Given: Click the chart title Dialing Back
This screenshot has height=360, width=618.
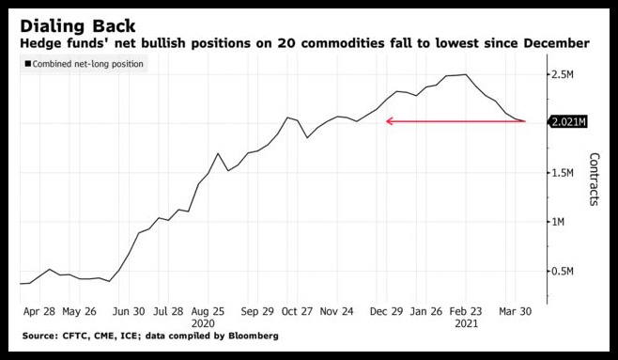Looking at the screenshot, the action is point(78,26).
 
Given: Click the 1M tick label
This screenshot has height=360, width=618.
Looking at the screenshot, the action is point(558,222).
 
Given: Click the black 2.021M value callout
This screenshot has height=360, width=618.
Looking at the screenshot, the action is point(568,122).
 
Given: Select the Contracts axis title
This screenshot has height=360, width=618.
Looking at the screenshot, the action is point(594,180).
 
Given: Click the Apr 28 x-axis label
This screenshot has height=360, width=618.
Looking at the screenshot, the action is point(39,311).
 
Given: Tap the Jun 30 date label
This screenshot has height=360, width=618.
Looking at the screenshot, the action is point(129,311).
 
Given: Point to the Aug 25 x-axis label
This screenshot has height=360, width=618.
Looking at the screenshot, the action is point(208,311).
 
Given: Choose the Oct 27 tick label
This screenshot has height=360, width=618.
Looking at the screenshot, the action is point(297,311).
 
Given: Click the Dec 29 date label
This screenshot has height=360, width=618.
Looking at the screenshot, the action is point(387,311).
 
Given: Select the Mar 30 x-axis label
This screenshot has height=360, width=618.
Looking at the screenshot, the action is point(515,311).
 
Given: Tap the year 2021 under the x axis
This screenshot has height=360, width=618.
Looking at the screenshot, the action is point(466,323).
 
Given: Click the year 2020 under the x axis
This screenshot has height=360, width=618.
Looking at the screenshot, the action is point(203,323).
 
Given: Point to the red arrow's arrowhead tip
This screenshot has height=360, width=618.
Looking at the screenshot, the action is point(386,121).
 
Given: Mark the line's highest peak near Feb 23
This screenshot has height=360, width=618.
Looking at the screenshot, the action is point(466,74).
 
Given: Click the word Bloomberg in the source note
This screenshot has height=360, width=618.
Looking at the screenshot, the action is point(253,337).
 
